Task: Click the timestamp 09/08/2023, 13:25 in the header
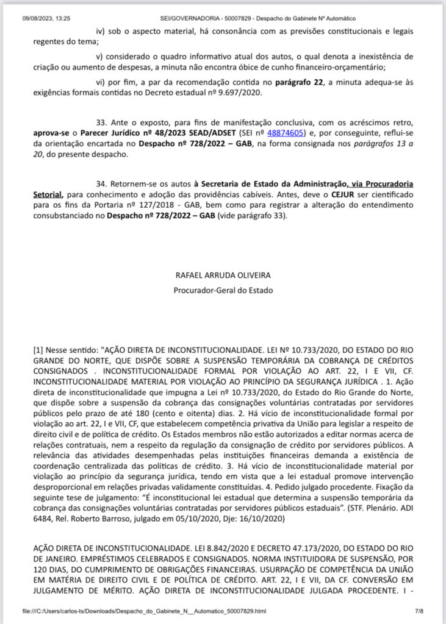click(46, 19)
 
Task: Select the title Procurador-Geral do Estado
click(223, 292)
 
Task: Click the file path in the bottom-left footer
click(144, 610)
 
